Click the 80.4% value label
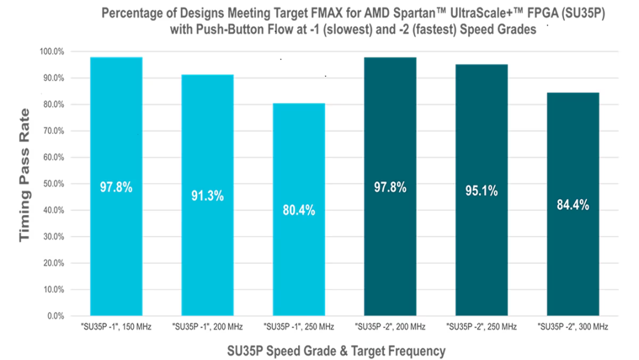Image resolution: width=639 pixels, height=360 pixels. [299, 210]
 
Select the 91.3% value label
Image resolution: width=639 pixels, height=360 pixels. [207, 197]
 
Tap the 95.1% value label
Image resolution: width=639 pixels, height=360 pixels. [482, 192]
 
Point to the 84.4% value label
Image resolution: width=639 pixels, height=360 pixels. [573, 205]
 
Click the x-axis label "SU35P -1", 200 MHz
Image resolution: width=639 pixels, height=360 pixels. [207, 326]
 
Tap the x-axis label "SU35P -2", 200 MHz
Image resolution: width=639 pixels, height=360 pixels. [390, 326]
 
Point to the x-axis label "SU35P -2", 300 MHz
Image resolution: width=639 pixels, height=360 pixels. [573, 326]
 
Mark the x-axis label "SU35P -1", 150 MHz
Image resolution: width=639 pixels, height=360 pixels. [116, 326]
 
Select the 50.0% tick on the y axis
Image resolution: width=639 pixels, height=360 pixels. [53, 184]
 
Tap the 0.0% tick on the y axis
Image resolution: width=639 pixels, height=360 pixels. [54, 316]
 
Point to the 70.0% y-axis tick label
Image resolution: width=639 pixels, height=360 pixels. [53, 131]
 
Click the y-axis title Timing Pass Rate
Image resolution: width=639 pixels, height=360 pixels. [24, 175]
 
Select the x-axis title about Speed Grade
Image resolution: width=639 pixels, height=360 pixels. [336, 351]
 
